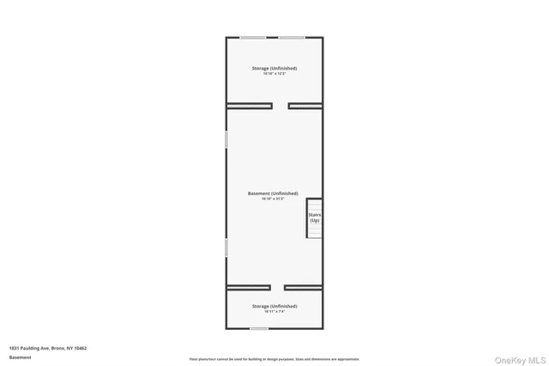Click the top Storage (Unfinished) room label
coord(274,68)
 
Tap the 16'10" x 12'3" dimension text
coord(274,74)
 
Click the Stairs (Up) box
coord(315,217)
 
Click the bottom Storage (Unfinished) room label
coord(274,306)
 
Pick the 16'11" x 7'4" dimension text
coord(274,312)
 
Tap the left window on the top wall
coord(252,37)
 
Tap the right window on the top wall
coord(291,37)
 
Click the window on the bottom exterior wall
coord(259,328)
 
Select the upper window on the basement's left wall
coord(226,139)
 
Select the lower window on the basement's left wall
coord(226,247)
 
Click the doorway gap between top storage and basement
coord(281,106)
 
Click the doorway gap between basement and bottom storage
coord(277,287)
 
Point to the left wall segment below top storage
coord(250,106)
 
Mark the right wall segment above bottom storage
coord(304,287)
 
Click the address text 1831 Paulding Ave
coord(48,348)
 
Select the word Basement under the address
coord(20,357)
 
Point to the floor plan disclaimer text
coord(274,359)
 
